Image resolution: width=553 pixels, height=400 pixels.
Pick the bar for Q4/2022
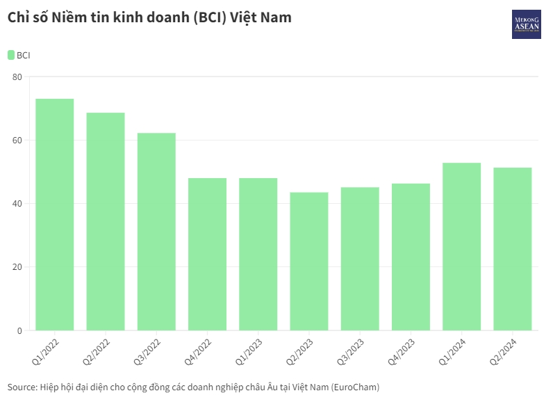click(207, 254)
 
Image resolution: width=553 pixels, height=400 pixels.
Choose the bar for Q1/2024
click(461, 246)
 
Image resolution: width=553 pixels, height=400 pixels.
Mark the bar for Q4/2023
click(411, 257)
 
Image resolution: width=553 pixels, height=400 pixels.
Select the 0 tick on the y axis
click(19, 330)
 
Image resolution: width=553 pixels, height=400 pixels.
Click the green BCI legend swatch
click(11, 55)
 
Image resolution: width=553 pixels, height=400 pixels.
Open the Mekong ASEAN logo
click(526, 24)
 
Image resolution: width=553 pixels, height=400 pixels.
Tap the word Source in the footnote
click(22, 387)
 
